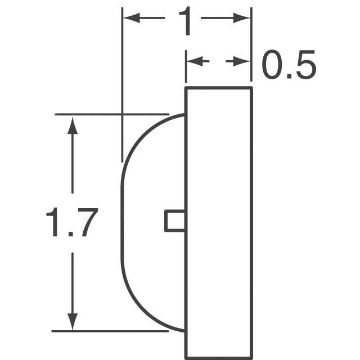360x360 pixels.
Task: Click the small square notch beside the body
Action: [x=175, y=220]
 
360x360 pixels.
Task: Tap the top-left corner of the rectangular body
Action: [x=186, y=88]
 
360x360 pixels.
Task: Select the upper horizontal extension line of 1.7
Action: [x=112, y=115]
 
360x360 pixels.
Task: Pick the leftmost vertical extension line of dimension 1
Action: [x=123, y=84]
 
